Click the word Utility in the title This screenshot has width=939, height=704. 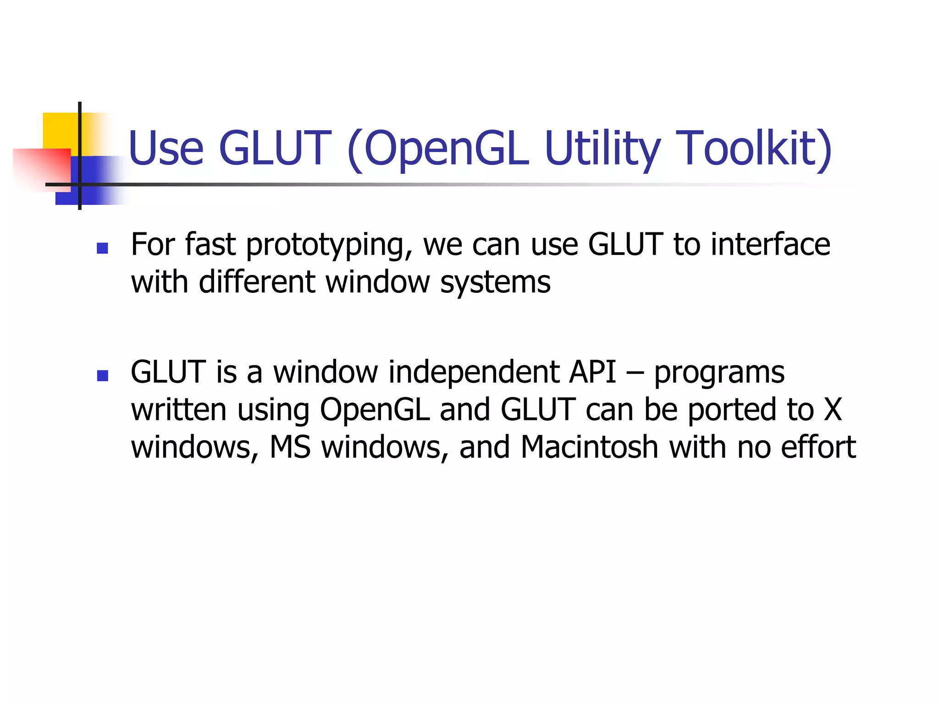[x=602, y=148]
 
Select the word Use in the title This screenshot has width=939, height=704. [x=166, y=148]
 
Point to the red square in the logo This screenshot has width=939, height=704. [x=41, y=167]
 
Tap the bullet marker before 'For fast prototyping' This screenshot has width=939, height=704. [x=102, y=248]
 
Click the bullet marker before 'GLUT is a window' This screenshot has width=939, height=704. [x=102, y=376]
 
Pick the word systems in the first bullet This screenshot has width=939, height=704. [x=495, y=282]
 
